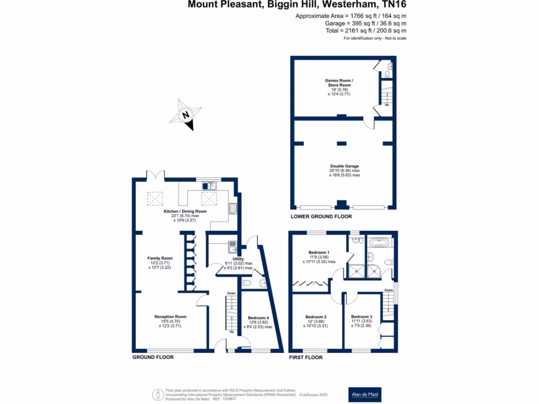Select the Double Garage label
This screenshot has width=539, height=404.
click(345, 166)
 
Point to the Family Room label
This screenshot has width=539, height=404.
click(160, 258)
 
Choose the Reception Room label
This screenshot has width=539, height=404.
click(171, 317)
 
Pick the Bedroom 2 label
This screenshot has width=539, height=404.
click(316, 317)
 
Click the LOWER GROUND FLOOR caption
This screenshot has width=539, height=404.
click(321, 217)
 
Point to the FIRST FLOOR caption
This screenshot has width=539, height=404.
click(306, 357)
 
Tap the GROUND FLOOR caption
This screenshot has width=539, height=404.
click(153, 357)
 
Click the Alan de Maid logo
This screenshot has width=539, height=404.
click(366, 394)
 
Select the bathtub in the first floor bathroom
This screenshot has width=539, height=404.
click(378, 243)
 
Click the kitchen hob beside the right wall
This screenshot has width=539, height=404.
click(232, 209)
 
